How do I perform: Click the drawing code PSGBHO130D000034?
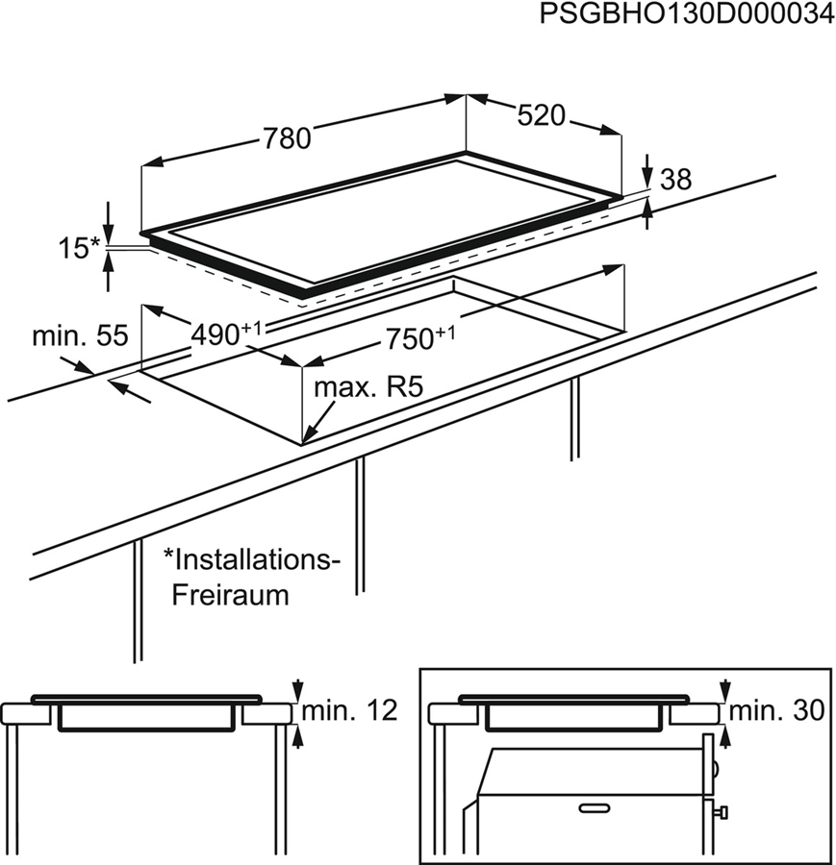point(685,16)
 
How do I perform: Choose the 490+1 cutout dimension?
point(226,334)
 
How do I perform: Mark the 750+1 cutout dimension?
point(419,337)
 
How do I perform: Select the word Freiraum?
point(230,594)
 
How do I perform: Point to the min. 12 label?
point(349,711)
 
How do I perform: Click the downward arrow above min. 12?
point(297,689)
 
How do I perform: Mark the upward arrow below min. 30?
point(724,735)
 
